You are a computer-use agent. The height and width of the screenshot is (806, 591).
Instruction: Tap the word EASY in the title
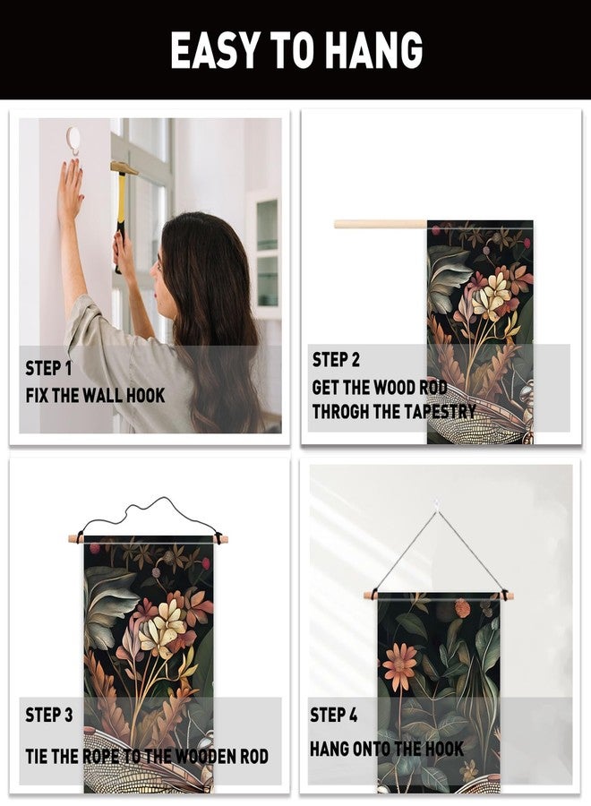tap(215, 50)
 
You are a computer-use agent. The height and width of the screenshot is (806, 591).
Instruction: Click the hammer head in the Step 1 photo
tap(124, 167)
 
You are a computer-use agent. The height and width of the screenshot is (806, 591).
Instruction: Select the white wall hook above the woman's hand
tap(73, 141)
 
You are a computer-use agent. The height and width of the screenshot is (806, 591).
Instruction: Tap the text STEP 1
tap(49, 369)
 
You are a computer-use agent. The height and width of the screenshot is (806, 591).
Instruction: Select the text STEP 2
tap(336, 359)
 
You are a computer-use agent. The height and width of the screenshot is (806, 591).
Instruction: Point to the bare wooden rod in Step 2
tap(381, 224)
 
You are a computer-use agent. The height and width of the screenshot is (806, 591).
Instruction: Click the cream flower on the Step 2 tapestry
tap(491, 296)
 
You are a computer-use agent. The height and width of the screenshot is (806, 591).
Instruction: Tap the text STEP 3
tap(49, 715)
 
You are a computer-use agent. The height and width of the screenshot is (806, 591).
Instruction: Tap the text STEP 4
tap(333, 715)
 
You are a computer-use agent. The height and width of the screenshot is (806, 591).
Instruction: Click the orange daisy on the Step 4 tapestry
tap(400, 666)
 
